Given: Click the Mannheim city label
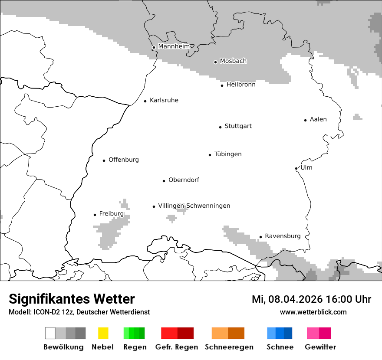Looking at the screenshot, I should pos(174,46).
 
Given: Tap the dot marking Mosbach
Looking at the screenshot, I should pos(215,62).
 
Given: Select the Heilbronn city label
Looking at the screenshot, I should pos(240,85).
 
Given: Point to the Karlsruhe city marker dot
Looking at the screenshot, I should pos(145,101).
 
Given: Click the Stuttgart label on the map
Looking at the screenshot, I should pos(238,126).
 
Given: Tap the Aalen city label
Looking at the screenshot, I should pos(318,119).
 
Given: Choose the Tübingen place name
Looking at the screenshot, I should pos(228,154).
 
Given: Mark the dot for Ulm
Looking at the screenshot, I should pos(296,168).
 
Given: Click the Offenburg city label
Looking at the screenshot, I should pos(124,160).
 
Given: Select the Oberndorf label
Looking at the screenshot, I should pos(184,180).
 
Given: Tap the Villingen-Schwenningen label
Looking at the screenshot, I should pos(194,206).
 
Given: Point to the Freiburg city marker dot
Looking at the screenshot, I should pos(95,215).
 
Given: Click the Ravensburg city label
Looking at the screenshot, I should pos(283,236).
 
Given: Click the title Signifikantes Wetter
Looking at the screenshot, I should pos(72,299).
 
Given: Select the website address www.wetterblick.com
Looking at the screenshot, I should pos(313,312).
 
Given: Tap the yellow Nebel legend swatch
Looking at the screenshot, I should pos(103,333).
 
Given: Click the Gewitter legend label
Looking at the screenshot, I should pos(320,347).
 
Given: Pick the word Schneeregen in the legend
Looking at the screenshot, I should pos(229,347).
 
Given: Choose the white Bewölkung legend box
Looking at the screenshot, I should pos(50,333).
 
